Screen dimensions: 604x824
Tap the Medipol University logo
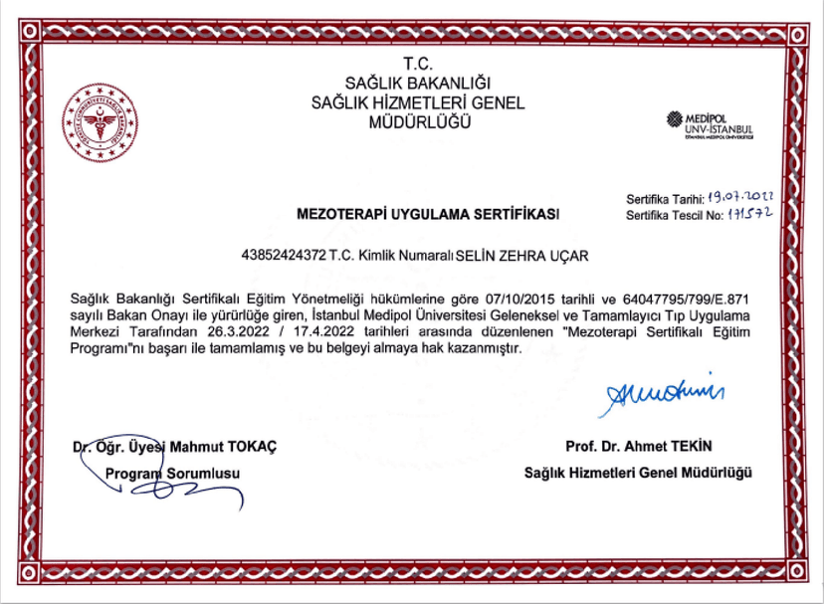pos(711,124)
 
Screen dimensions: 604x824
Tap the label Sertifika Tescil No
pos(674,216)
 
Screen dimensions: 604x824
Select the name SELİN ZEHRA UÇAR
pos(521,256)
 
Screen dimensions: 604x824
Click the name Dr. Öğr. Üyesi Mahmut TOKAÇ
pos(175,446)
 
